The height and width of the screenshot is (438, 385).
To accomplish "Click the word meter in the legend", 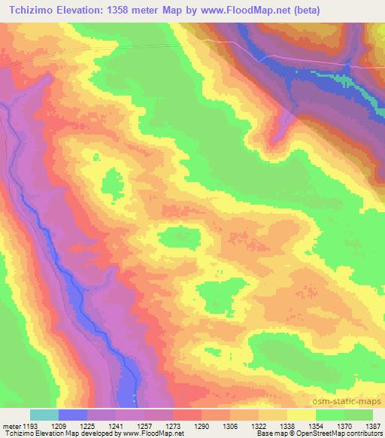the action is pos(11,426).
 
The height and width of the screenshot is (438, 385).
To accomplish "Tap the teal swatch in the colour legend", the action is pos(44,415).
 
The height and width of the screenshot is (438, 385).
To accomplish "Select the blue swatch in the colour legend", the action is pos(73,415).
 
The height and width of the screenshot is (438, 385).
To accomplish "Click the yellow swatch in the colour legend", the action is pos(302,415).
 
